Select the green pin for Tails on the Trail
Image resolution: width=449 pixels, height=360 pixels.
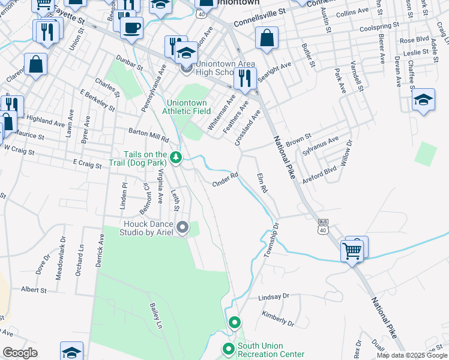(176, 158)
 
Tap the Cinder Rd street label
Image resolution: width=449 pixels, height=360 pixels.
(226, 178)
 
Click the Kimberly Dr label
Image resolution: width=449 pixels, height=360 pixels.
(278, 319)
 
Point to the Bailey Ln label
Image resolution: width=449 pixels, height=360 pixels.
(155, 316)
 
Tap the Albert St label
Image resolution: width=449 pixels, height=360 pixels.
(34, 290)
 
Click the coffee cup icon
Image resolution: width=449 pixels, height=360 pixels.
(131, 27)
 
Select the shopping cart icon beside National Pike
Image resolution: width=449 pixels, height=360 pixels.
(352, 251)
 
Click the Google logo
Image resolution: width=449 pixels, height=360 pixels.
(20, 353)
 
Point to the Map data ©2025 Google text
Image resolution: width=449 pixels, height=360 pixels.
(411, 355)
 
